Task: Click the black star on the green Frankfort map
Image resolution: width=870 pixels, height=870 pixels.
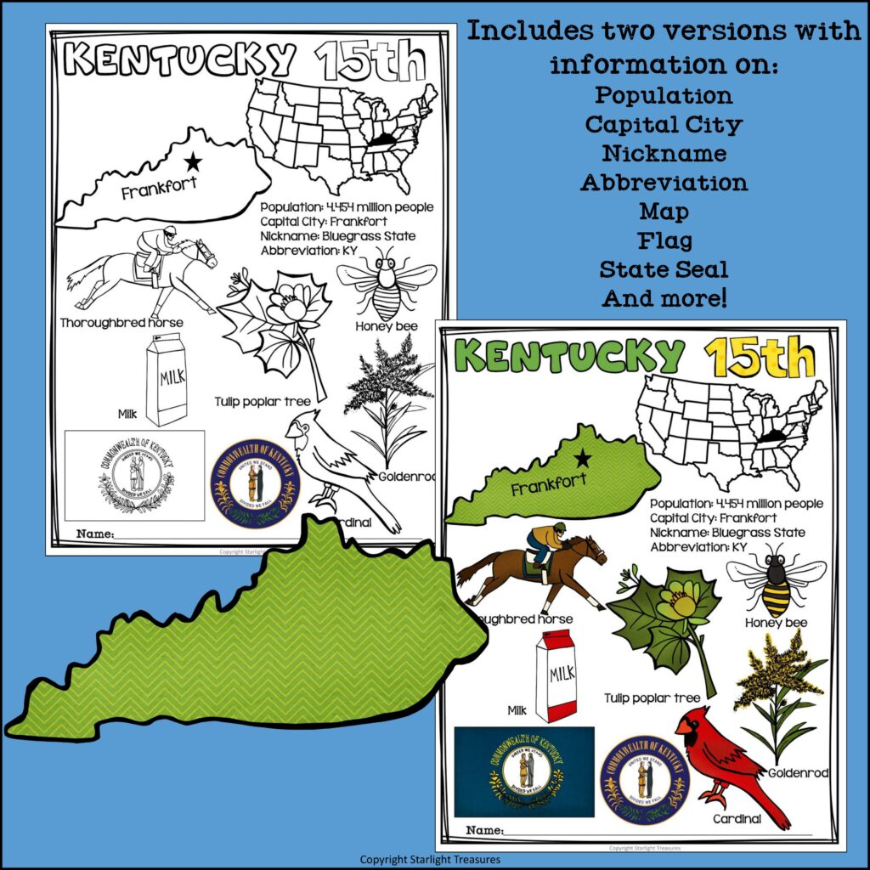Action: click(582, 459)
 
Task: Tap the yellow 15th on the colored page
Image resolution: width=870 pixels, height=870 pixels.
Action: click(760, 358)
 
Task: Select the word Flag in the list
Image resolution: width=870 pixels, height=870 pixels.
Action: click(664, 240)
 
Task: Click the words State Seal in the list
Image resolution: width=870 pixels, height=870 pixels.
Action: click(664, 269)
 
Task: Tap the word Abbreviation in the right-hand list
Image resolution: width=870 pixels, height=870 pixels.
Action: click(664, 182)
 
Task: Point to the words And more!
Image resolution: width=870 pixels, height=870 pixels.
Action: click(664, 298)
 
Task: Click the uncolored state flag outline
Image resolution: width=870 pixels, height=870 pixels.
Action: click(135, 475)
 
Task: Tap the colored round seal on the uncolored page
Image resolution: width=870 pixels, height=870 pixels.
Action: click(255, 482)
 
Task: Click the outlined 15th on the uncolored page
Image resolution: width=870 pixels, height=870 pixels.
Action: click(369, 60)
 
